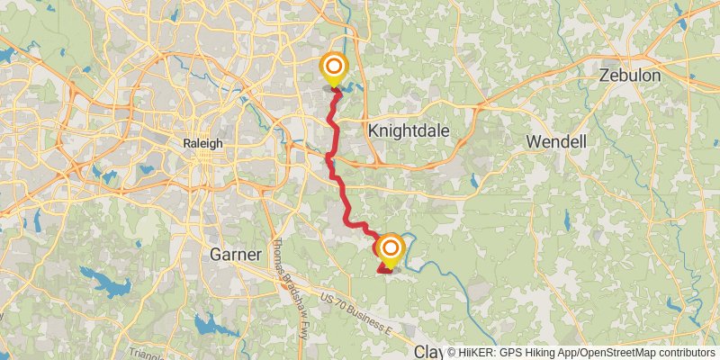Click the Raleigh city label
pos(202,143)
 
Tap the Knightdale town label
pos(408,130)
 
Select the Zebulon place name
pos(630,76)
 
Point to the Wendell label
pos(556,141)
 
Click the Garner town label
pos(235,255)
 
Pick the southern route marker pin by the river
pos(391,249)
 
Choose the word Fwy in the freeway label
pos(301,320)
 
